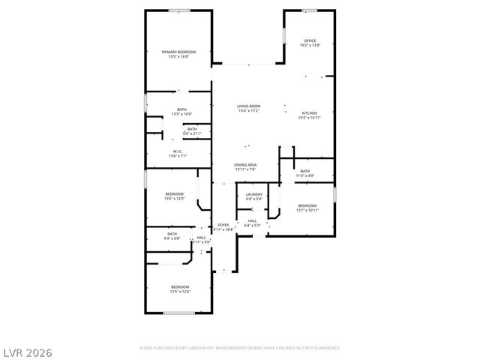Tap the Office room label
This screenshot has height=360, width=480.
310,40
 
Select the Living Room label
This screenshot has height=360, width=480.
248,106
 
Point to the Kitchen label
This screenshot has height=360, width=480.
310,113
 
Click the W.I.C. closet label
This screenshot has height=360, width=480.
178,151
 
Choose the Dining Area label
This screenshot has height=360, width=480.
246,165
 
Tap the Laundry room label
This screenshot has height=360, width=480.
253,194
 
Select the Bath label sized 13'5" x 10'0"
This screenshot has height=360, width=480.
181,109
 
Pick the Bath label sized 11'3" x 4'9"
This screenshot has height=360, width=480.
305,171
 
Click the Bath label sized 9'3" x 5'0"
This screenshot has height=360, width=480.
172,234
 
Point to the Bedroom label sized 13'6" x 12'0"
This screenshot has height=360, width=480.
175,194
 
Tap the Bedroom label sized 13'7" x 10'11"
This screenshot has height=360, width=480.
308,205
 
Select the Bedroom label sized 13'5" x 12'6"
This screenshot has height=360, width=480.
179,287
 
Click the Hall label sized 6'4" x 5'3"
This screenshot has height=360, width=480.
253,220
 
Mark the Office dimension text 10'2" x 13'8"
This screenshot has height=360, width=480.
310,45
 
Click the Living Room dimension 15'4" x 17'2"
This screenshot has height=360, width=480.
248,111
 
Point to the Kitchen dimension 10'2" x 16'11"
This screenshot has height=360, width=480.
310,118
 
